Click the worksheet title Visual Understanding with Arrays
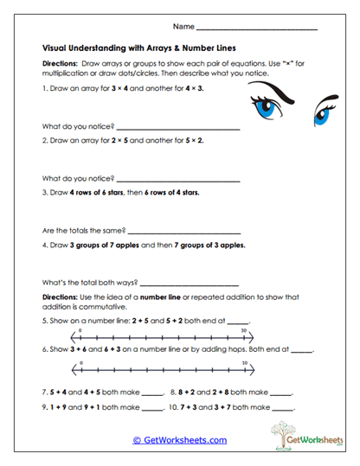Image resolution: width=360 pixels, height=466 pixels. (139, 48)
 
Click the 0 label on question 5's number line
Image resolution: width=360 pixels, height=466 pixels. (80, 331)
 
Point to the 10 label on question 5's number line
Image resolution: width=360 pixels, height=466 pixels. (245, 331)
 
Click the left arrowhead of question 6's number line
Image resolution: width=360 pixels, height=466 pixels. (72, 367)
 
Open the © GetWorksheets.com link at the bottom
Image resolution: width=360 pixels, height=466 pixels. (179, 439)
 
